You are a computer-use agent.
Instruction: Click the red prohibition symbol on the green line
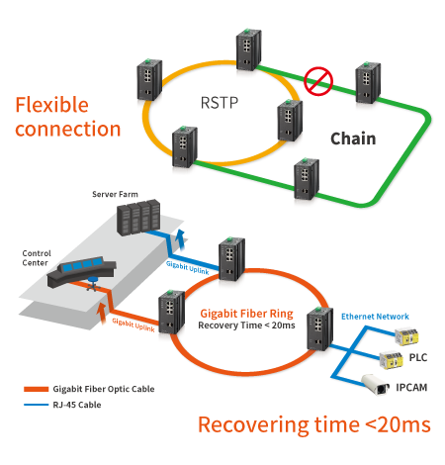click(x=318, y=81)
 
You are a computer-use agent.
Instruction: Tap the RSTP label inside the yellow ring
click(x=220, y=103)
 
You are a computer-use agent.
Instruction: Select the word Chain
click(x=353, y=139)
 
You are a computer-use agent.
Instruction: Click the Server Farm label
click(x=115, y=194)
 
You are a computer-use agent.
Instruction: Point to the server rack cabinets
click(x=138, y=218)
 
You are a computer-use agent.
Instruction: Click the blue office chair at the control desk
click(x=93, y=284)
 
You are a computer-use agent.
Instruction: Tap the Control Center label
click(x=37, y=258)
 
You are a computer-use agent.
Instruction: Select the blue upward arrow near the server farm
click(x=180, y=239)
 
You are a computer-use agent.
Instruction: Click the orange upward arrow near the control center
click(x=102, y=313)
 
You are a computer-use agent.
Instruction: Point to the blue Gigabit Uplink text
click(x=187, y=267)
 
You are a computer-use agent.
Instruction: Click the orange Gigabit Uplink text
click(x=133, y=325)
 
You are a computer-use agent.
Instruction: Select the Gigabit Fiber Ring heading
click(x=246, y=314)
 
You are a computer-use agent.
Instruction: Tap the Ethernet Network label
click(x=375, y=317)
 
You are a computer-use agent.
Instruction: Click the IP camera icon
click(x=376, y=384)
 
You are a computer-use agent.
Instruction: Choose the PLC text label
click(x=418, y=357)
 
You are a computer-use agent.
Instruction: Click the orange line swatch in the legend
click(x=36, y=389)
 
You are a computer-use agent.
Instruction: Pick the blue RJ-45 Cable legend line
click(x=36, y=405)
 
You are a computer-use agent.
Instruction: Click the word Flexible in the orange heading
click(x=52, y=105)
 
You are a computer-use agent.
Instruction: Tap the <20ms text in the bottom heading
click(x=399, y=424)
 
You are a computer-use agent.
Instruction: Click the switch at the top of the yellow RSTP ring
click(x=248, y=49)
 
